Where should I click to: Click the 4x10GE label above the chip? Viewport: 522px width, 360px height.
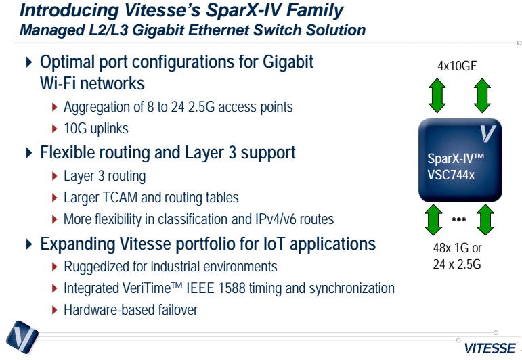(458, 66)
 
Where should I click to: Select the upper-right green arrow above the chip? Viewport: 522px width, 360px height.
(481, 95)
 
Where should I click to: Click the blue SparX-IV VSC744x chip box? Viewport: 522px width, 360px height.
(458, 161)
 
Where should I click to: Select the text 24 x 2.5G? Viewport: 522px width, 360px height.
(457, 265)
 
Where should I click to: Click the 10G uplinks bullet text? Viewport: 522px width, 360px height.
(95, 129)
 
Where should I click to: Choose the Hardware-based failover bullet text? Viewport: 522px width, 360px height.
(130, 310)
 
